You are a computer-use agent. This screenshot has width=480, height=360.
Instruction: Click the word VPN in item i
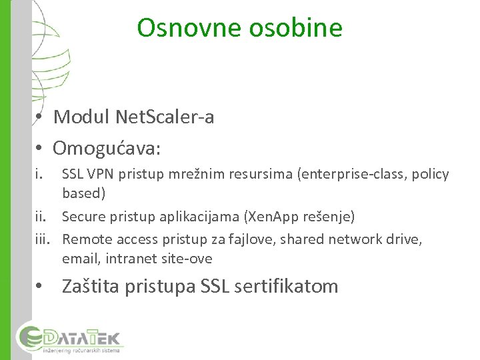[x=95, y=175]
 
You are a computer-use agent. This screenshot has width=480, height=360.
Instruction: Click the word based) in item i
[x=83, y=194]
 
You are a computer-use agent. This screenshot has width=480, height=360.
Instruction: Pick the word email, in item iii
[x=79, y=258]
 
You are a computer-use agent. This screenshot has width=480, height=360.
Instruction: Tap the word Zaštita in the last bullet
[x=98, y=287]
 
